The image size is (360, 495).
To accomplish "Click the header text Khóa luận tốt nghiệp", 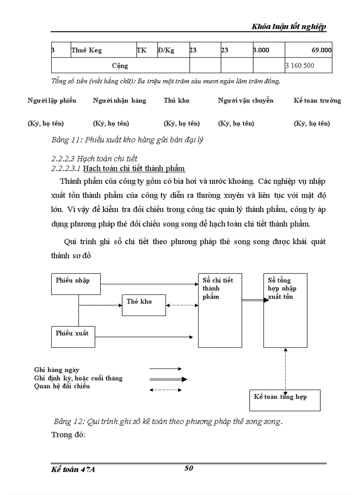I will point(289,26).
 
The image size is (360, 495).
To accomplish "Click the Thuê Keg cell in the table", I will point(86,50).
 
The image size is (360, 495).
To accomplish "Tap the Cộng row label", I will point(120,66).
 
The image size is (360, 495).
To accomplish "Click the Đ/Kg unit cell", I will point(166,50).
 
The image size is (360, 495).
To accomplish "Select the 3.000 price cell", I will point(261,50).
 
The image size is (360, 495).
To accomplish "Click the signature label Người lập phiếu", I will point(52,100).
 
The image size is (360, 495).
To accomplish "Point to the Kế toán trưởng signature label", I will point(317,100).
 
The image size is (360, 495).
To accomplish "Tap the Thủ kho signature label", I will point(176,100).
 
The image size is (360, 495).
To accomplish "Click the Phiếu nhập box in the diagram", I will point(76,284).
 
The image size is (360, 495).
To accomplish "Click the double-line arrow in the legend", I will point(168,379).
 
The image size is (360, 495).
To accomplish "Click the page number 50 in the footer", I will point(188,468).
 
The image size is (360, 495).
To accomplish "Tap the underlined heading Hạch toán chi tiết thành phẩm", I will point(134,169).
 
